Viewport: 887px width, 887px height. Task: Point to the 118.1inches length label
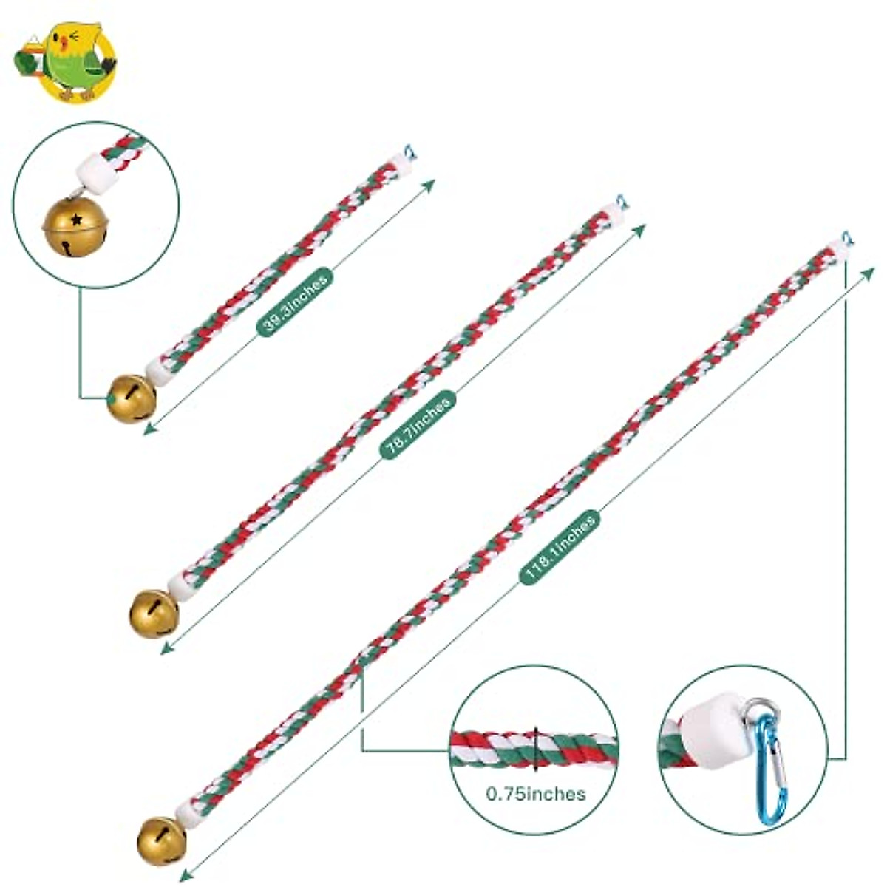tap(560, 548)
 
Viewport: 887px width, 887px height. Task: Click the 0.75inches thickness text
tap(536, 794)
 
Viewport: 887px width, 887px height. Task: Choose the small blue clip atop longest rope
tap(846, 238)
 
